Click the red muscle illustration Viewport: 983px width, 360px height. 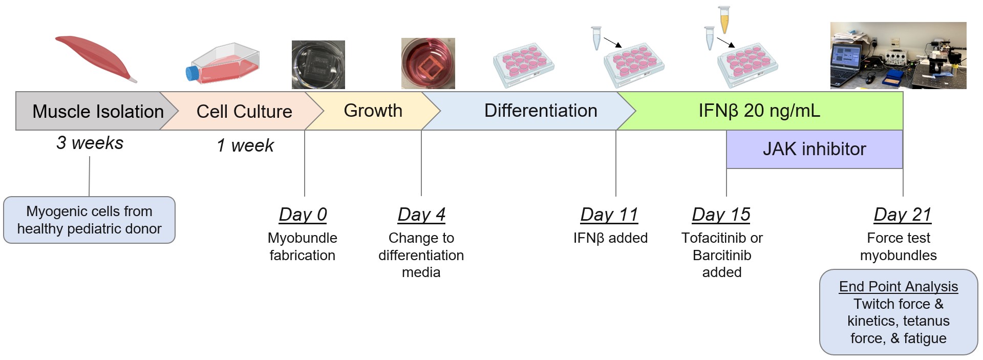[95, 58]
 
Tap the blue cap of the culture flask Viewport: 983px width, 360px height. [191, 73]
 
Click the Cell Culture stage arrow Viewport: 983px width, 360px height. [241, 111]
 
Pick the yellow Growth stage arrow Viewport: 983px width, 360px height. [371, 111]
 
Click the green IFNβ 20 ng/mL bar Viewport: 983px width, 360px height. [760, 111]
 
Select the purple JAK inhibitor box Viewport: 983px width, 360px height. [815, 149]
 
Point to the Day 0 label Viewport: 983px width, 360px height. [303, 215]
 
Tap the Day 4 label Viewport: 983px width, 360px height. [421, 215]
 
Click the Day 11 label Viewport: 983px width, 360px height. [609, 215]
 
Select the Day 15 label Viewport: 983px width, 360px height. [721, 215]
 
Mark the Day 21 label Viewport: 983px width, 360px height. [903, 215]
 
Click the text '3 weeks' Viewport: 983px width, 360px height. [90, 143]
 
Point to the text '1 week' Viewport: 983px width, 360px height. [245, 145]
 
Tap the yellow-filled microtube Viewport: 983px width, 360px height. [724, 19]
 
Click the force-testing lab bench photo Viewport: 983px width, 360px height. [898, 55]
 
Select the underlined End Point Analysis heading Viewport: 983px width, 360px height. [899, 287]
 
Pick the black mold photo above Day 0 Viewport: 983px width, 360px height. [318, 65]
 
